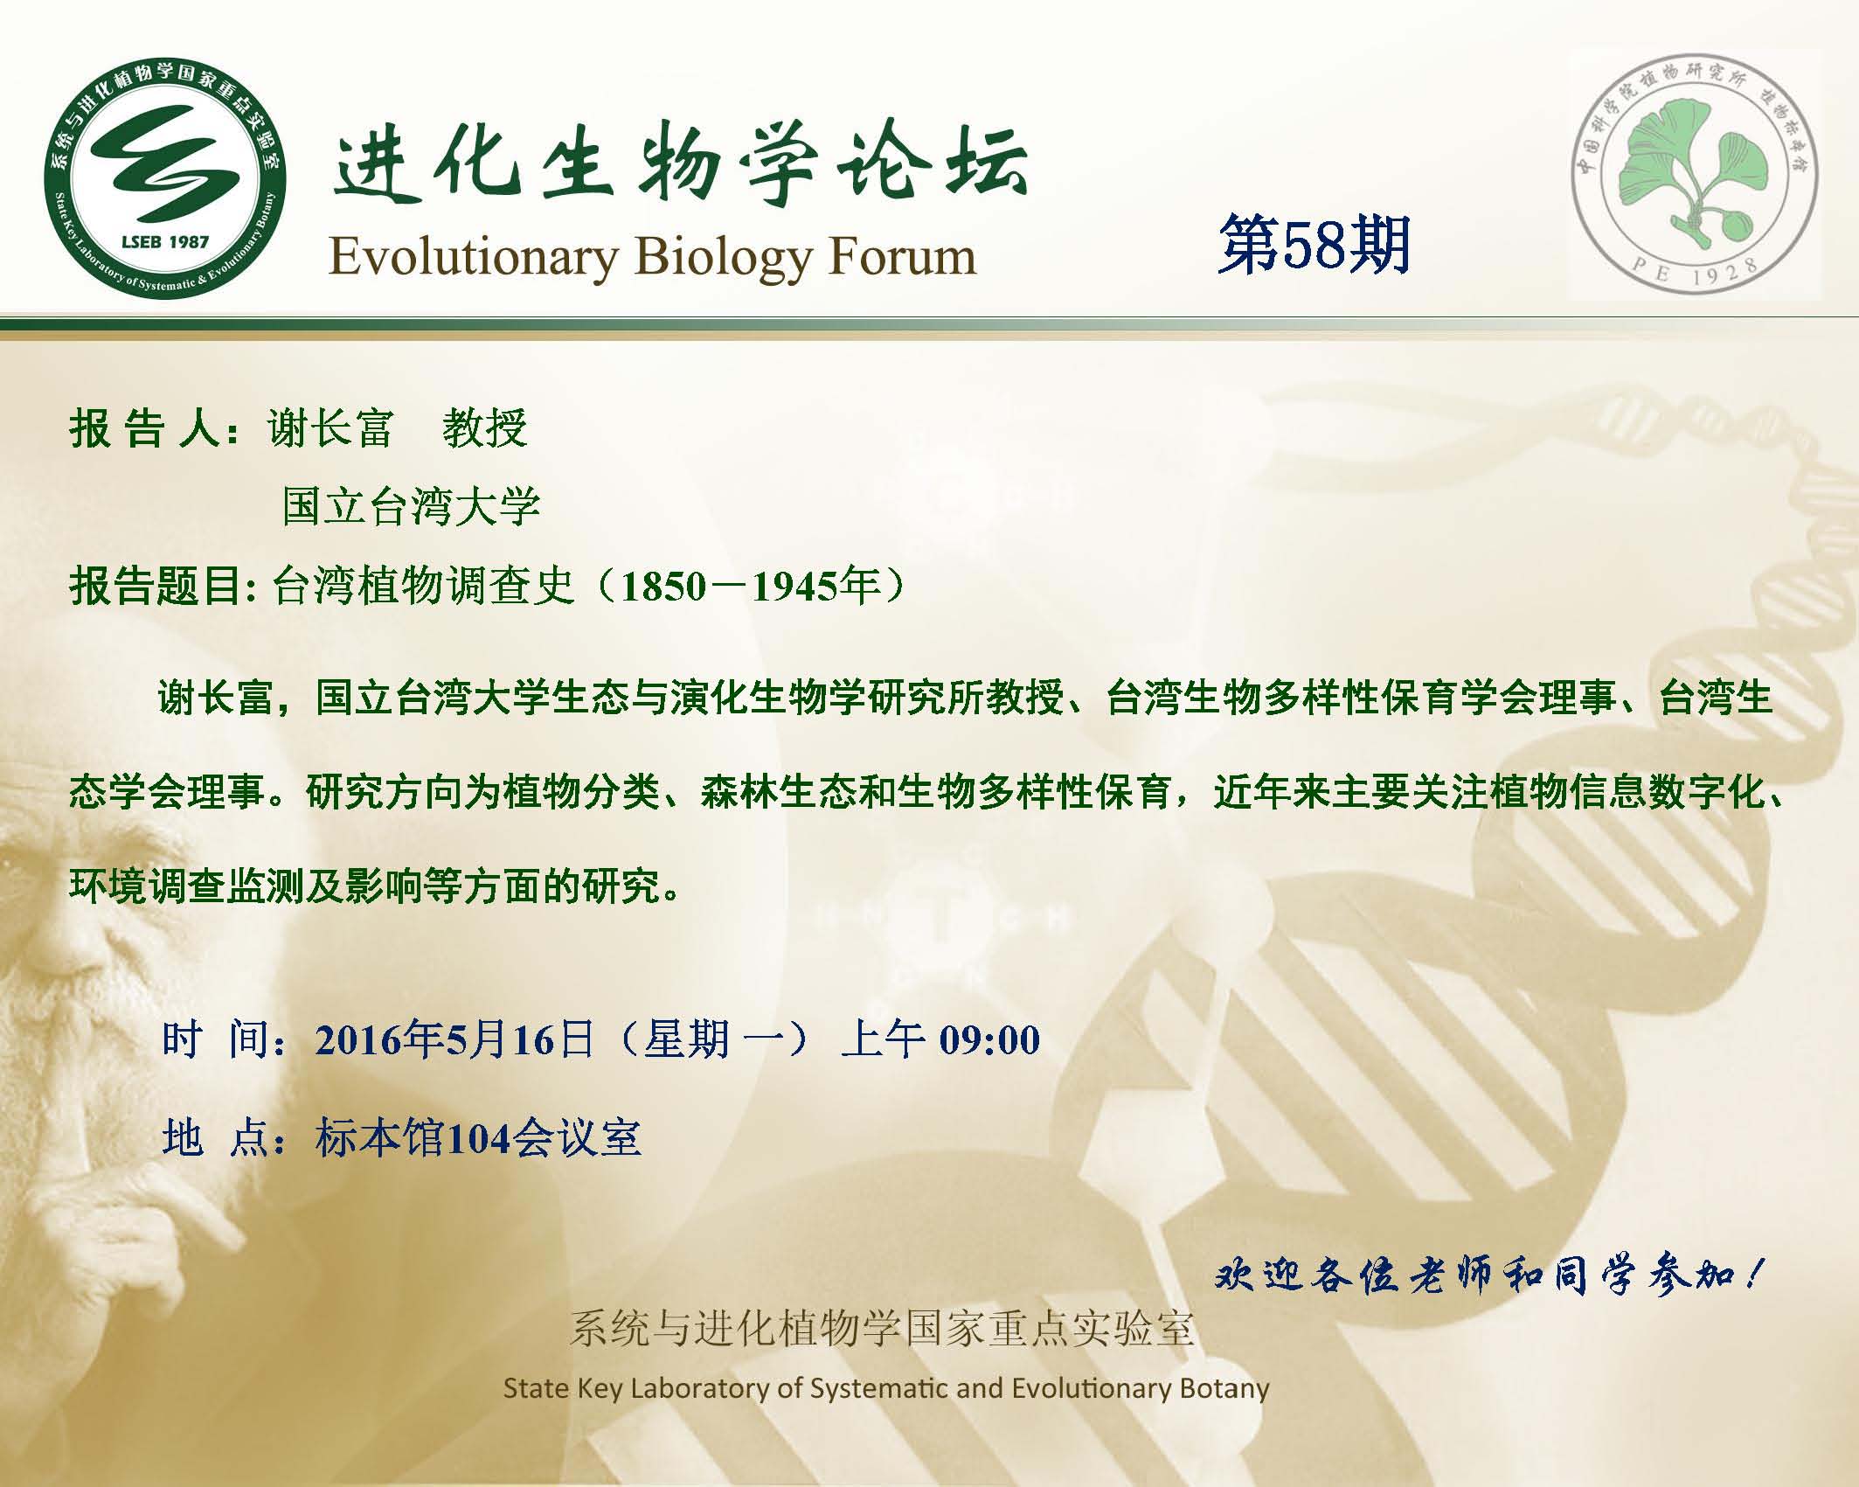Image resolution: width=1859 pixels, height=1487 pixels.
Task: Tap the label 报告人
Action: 143,428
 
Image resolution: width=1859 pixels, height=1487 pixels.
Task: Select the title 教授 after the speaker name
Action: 484,428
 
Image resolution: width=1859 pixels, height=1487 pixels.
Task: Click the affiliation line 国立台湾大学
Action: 411,506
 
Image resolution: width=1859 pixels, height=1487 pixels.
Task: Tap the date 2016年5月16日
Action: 454,1039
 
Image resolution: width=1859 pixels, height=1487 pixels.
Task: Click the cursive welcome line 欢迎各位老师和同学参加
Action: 1488,1277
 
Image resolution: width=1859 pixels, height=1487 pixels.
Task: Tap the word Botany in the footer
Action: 1224,1388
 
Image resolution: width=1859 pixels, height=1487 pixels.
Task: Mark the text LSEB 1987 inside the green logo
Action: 164,240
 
